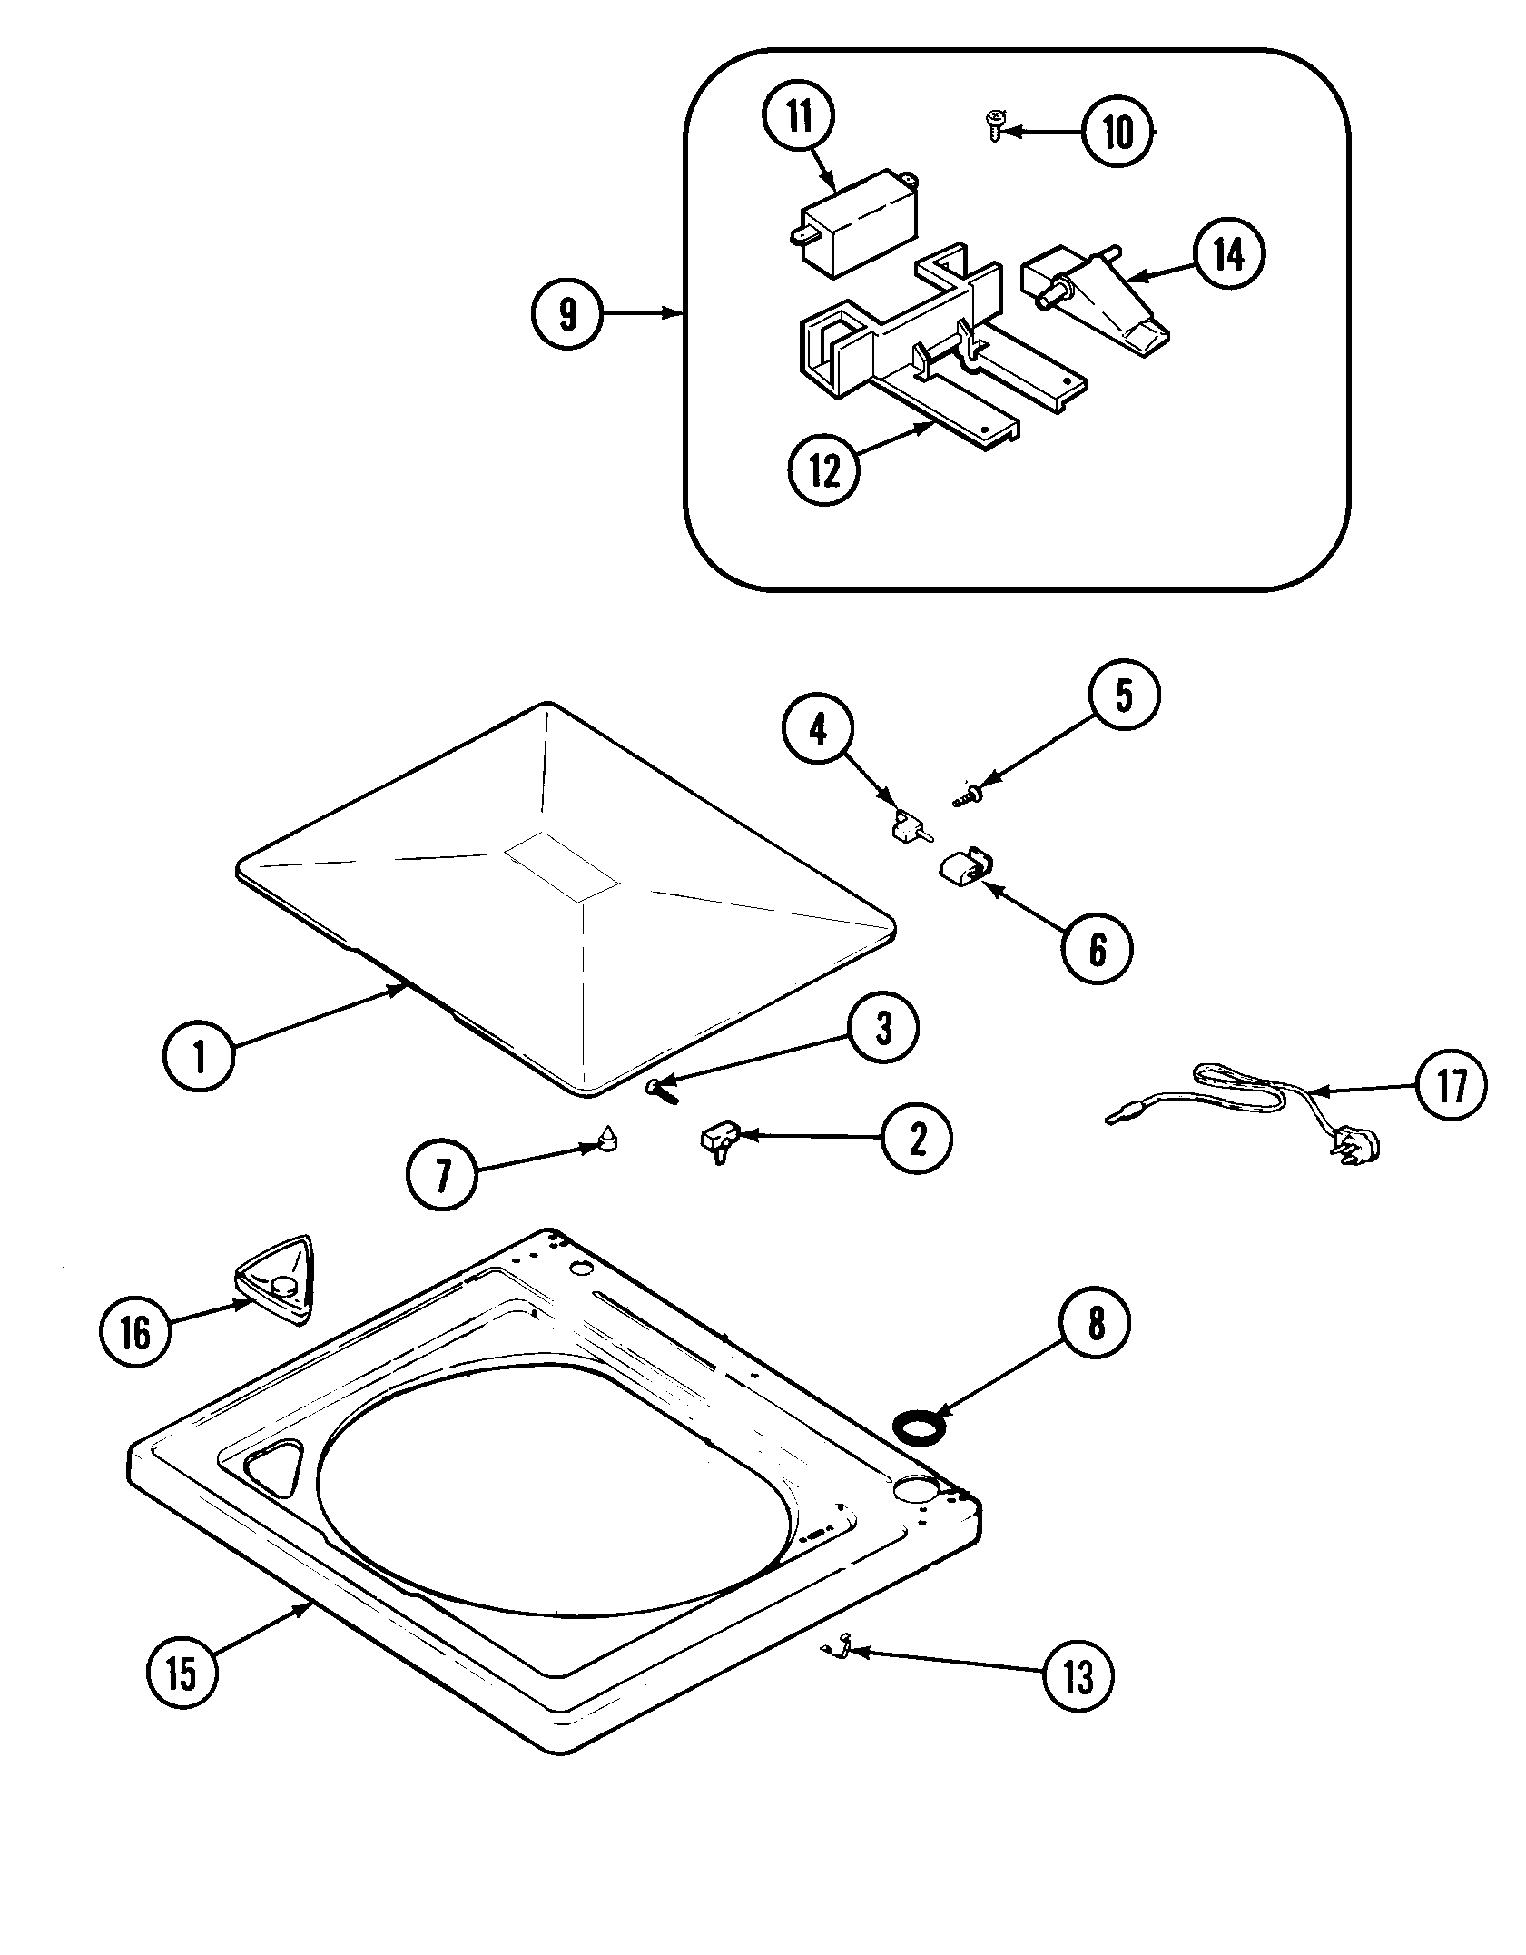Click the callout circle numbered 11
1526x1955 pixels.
tap(799, 118)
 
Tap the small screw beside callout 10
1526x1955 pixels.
tap(996, 124)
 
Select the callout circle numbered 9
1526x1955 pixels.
tap(567, 313)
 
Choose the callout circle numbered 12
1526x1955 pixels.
tap(823, 470)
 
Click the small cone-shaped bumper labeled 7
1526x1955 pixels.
tap(606, 1137)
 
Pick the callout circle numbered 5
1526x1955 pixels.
tap(1124, 695)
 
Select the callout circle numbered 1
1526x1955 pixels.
tap(199, 1056)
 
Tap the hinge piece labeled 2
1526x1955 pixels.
tap(721, 1140)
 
